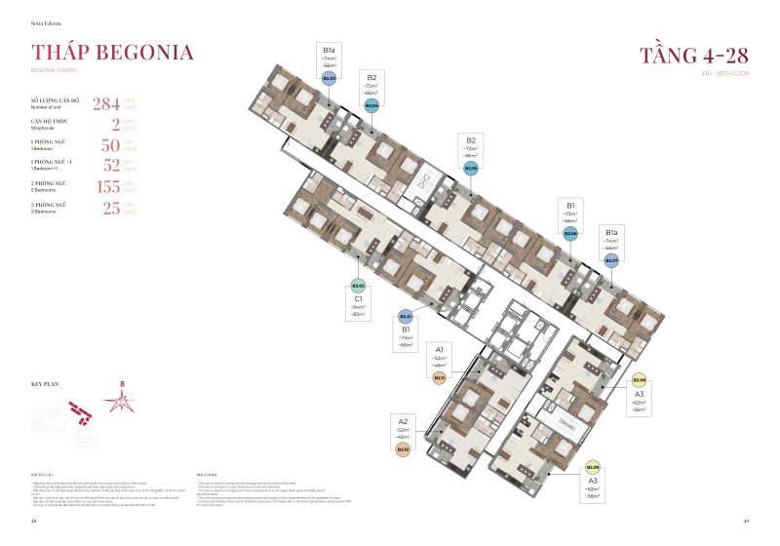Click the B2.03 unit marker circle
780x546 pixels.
pos(329,78)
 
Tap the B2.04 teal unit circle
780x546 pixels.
pos(371,104)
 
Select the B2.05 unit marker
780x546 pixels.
pos(471,169)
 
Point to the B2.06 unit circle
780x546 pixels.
pos(571,234)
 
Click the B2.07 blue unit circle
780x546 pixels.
pos(611,260)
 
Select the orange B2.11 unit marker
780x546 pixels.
pos(440,376)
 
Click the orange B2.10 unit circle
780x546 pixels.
pos(403,449)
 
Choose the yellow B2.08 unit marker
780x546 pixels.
pos(639,380)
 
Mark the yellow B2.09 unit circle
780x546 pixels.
pos(593,467)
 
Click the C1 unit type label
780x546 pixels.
pos(359,299)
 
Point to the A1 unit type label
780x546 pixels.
pos(440,348)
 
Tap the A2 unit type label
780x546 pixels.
pos(403,421)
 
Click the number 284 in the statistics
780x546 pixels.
pos(105,104)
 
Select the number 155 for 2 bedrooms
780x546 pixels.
pos(111,185)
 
